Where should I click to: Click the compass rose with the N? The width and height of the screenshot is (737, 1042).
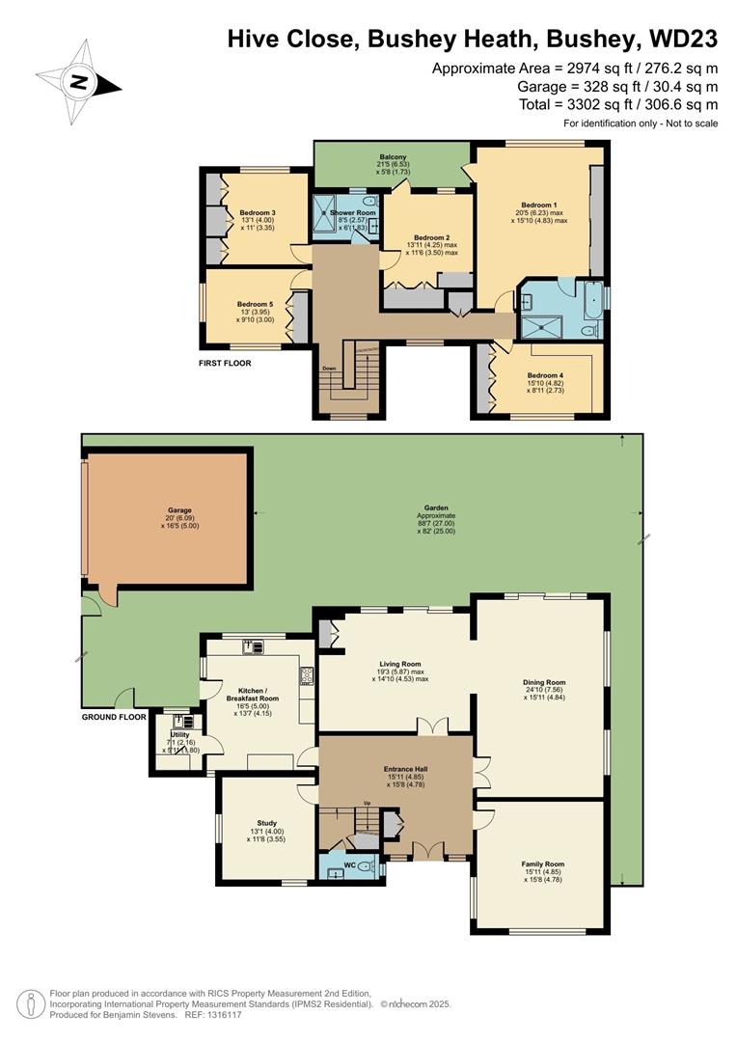pyautogui.click(x=77, y=82)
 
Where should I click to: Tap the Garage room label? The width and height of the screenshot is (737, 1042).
pyautogui.click(x=179, y=510)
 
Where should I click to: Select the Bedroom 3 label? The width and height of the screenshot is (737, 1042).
pyautogui.click(x=258, y=212)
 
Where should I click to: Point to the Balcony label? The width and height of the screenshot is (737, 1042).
pyautogui.click(x=393, y=157)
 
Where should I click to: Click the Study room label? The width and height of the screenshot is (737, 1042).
pyautogui.click(x=266, y=823)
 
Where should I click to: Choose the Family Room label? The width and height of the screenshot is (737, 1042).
pyautogui.click(x=543, y=864)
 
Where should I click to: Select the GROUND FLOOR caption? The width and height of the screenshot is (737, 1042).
pyautogui.click(x=114, y=717)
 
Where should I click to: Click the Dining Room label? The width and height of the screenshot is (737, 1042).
pyautogui.click(x=543, y=681)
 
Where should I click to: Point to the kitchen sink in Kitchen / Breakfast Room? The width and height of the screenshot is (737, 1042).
pyautogui.click(x=253, y=648)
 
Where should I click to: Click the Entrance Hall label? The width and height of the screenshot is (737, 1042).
pyautogui.click(x=398, y=769)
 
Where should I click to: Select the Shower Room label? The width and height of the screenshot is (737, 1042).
pyautogui.click(x=353, y=212)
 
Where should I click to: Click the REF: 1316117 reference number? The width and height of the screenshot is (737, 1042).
pyautogui.click(x=212, y=1014)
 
